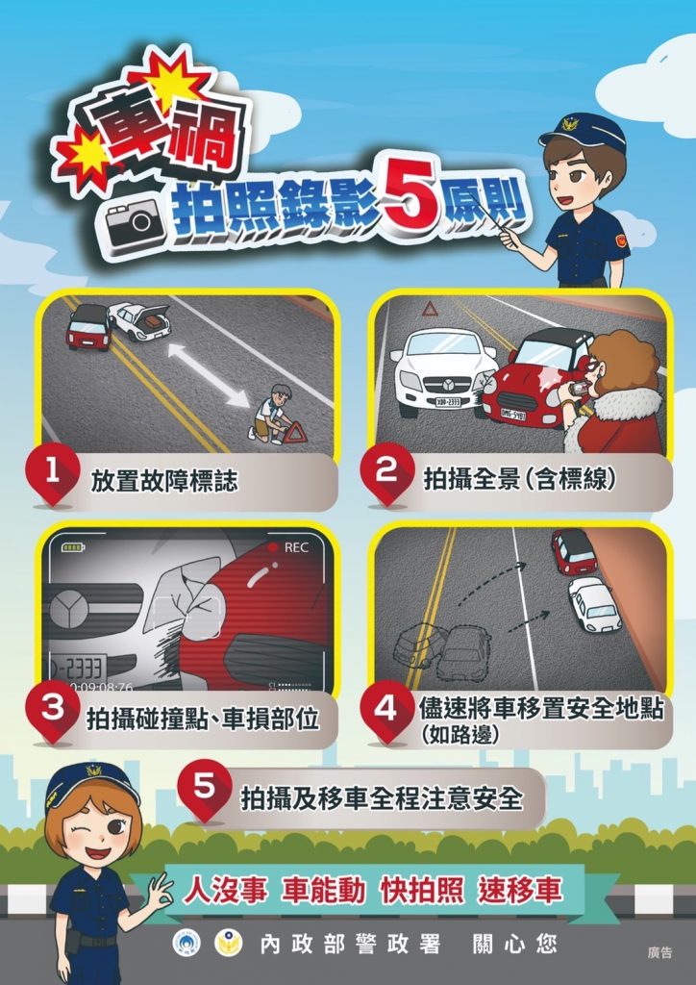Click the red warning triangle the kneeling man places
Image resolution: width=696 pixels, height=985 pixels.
pyautogui.click(x=295, y=433)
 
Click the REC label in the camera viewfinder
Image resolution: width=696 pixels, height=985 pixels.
pyautogui.click(x=295, y=547)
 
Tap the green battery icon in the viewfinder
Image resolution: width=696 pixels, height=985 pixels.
pyautogui.click(x=73, y=547)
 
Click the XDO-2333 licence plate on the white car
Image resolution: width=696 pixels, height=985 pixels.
pyautogui.click(x=448, y=401)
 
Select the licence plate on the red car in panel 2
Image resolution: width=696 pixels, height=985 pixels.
pyautogui.click(x=513, y=414)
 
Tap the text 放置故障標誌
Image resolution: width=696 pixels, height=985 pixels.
pyautogui.click(x=164, y=481)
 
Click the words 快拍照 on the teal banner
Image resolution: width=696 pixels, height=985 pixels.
pyautogui.click(x=422, y=891)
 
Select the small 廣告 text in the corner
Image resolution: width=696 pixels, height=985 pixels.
pyautogui.click(x=659, y=952)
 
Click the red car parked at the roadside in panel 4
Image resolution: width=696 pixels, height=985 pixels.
pyautogui.click(x=573, y=551)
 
